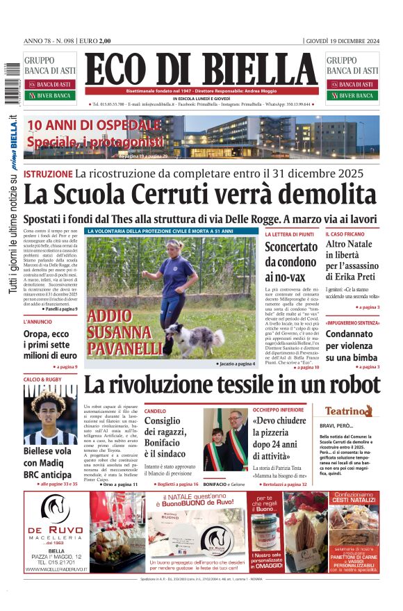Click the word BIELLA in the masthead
tap(254, 70)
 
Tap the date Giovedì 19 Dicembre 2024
tap(343, 40)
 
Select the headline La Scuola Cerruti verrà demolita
tap(200, 195)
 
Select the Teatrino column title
tap(353, 411)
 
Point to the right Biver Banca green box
tap(352, 95)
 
